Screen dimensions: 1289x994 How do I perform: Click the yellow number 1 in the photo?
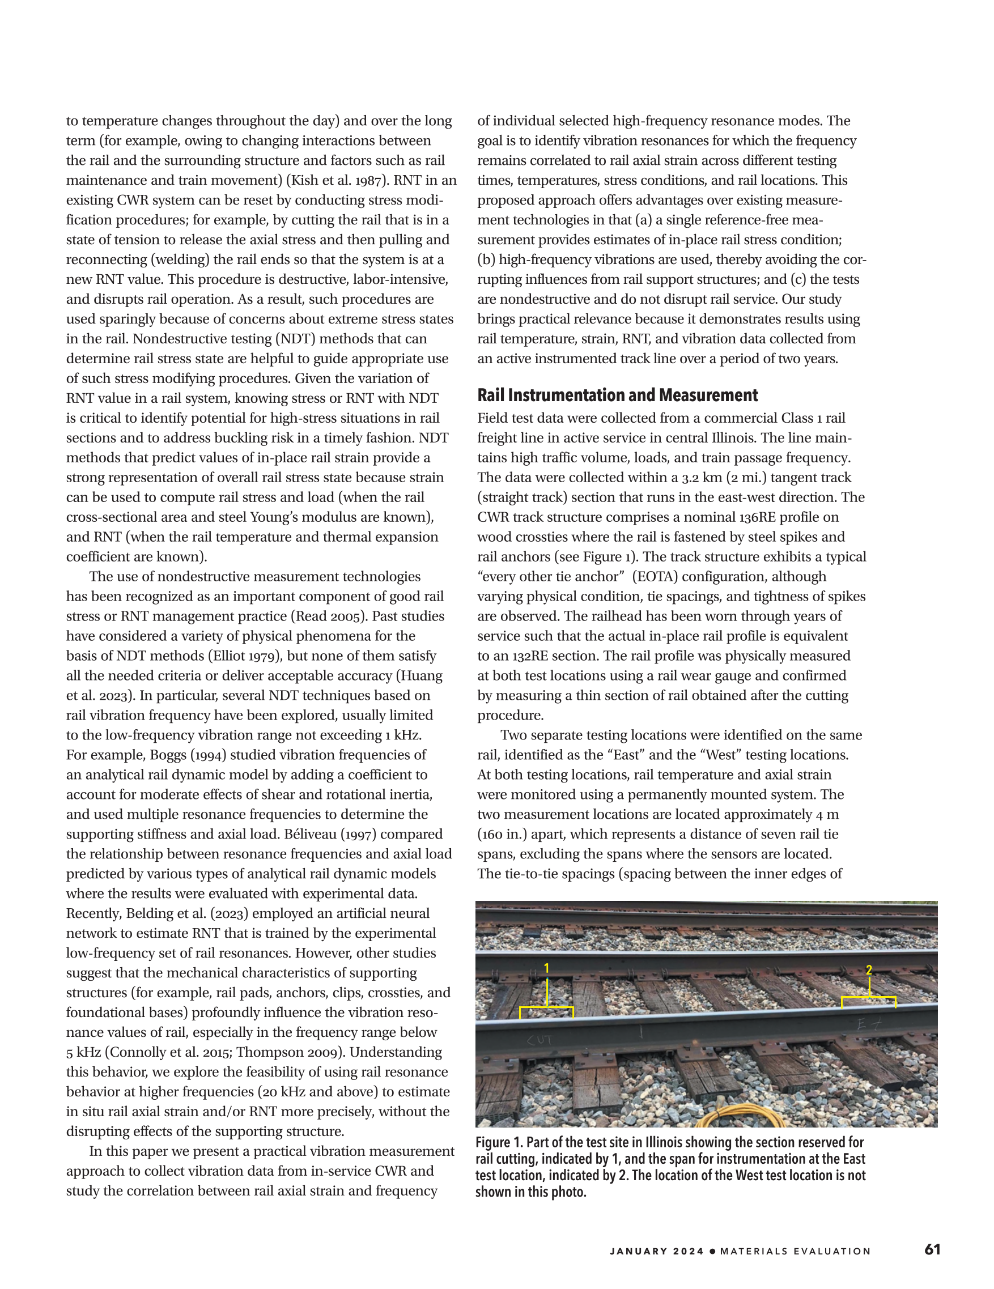click(x=546, y=968)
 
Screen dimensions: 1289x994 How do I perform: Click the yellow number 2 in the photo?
click(x=869, y=969)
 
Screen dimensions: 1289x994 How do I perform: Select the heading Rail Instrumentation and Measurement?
click(x=617, y=395)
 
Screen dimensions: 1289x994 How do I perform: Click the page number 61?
click(x=933, y=1249)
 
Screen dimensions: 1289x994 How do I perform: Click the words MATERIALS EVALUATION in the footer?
click(x=796, y=1250)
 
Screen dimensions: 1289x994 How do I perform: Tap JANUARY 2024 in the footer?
click(x=657, y=1250)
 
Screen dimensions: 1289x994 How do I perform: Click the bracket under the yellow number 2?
click(x=868, y=998)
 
